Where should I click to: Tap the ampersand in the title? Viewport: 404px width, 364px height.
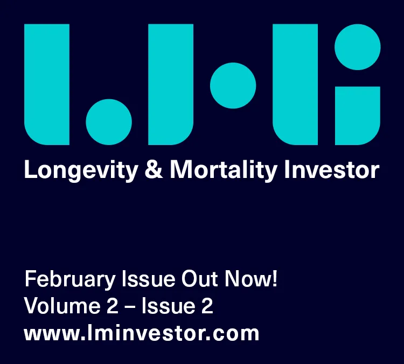[x=154, y=169]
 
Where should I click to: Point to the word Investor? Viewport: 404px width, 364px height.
[x=332, y=169]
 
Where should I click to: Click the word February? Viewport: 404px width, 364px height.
[x=70, y=280]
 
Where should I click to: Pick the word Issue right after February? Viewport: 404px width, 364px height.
[x=149, y=279]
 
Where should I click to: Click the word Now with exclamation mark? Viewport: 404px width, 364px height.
[x=250, y=279]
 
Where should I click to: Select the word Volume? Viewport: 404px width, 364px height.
[x=62, y=306]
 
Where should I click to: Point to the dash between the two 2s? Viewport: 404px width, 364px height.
[x=130, y=307]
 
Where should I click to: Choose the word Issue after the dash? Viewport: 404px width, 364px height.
[x=168, y=306]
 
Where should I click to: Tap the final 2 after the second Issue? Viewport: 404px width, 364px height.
[x=207, y=306]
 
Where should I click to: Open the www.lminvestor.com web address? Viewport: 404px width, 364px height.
[x=142, y=333]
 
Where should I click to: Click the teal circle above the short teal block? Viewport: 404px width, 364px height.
[x=357, y=47]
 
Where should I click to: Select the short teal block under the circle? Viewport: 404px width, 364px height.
[x=357, y=115]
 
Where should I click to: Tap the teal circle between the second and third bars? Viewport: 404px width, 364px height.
[x=233, y=85]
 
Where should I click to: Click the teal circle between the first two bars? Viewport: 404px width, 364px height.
[x=109, y=122]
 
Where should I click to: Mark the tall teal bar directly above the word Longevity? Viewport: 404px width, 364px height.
[x=47, y=84]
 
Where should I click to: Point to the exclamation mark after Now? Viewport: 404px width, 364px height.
[x=275, y=279]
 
